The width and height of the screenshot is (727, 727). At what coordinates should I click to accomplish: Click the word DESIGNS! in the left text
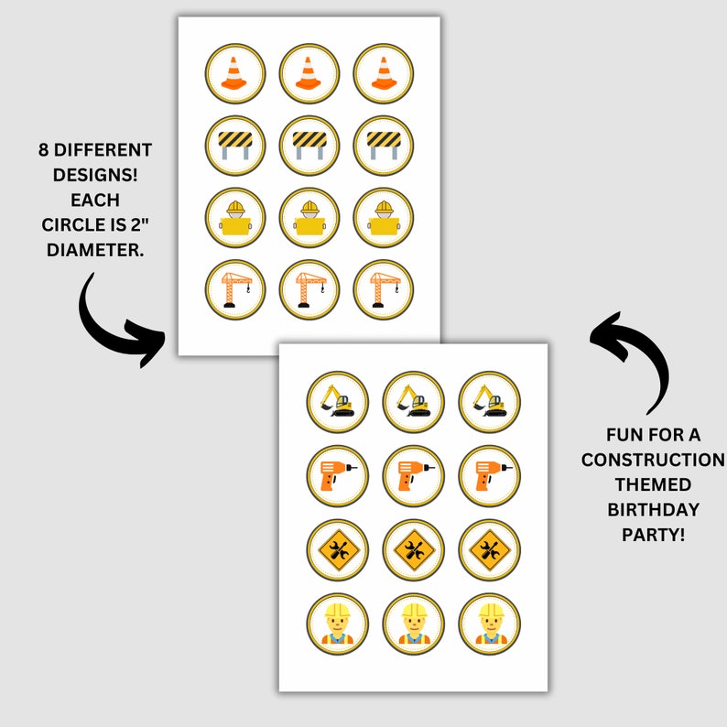pos(95,175)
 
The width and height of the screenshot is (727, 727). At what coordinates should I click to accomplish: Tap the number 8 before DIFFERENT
pos(43,150)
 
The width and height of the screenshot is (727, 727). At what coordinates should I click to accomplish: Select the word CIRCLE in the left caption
pos(74,225)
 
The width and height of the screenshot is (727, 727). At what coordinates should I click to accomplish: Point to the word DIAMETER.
pos(95,250)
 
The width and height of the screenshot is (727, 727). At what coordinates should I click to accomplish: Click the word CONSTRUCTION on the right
pos(653,460)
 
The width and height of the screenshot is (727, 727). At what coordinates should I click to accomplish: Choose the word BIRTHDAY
pos(653,510)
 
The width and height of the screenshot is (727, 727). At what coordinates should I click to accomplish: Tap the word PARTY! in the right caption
pos(653,535)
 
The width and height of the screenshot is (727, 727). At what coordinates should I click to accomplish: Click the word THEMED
pos(653,485)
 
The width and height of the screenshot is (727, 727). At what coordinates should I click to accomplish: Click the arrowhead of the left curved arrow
pos(148,343)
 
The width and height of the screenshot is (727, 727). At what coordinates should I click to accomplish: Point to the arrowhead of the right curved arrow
pos(607,336)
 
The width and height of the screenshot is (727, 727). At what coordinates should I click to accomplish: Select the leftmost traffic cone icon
pos(234,73)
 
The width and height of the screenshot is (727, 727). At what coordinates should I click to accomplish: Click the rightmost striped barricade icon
pos(384,145)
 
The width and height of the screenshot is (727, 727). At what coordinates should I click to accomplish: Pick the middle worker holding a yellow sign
pos(309,218)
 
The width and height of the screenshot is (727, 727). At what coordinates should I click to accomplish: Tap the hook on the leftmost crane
pos(248,290)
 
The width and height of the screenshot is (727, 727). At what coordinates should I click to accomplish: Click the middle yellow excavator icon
pos(413,401)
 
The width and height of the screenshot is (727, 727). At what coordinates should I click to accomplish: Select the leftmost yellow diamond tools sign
pos(339,550)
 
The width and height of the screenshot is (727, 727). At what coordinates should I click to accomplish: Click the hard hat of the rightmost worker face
pos(491,610)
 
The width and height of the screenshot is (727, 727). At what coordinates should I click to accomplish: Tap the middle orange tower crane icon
pos(310,289)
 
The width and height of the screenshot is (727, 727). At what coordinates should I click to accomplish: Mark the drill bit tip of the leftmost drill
pos(356,468)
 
